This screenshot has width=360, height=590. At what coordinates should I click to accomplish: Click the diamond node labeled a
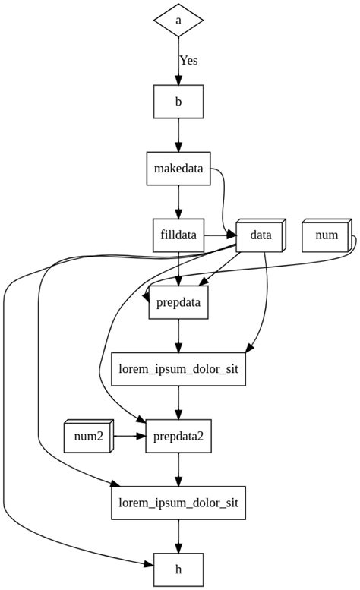click(x=178, y=21)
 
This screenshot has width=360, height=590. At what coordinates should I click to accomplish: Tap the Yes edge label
click(x=188, y=60)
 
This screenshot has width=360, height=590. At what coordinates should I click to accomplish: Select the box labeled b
click(x=178, y=102)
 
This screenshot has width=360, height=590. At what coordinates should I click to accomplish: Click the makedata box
click(x=178, y=169)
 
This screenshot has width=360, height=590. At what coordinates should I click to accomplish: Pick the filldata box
click(x=178, y=235)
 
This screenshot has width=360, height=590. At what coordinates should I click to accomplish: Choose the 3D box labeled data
click(x=260, y=235)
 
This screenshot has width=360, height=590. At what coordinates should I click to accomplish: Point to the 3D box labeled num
click(x=327, y=235)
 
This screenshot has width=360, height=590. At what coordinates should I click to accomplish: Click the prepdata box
click(x=178, y=302)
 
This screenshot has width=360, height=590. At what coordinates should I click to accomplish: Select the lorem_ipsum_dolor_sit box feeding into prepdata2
click(x=178, y=369)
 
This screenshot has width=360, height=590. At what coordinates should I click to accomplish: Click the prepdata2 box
click(x=178, y=436)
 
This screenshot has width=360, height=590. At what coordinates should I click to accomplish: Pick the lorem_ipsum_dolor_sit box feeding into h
click(x=178, y=503)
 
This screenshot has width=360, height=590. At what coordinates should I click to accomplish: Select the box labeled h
click(x=178, y=569)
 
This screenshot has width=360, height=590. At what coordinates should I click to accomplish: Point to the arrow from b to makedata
click(x=178, y=135)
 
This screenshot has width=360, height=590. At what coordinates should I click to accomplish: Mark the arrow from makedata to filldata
click(x=178, y=202)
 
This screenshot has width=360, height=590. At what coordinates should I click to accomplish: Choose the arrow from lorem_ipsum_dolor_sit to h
click(x=178, y=536)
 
